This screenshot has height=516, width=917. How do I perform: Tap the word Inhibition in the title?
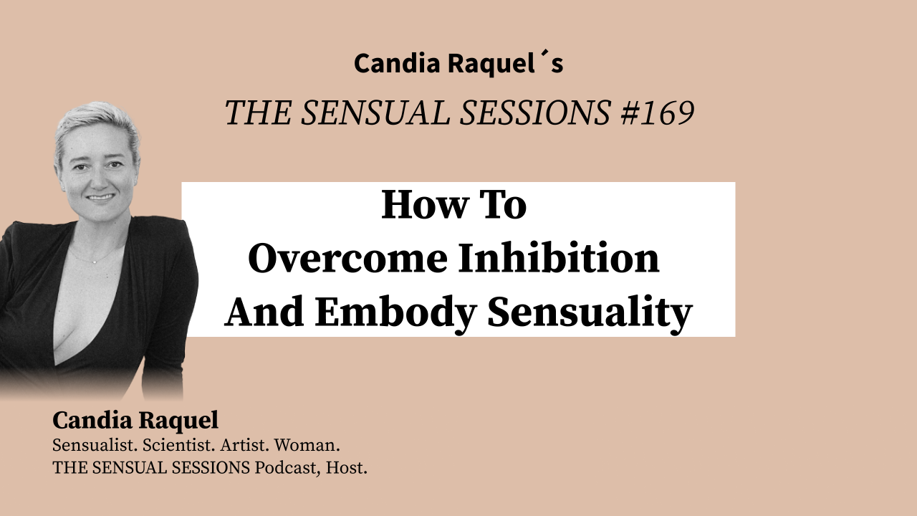(x=559, y=259)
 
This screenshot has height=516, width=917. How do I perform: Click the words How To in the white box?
(x=454, y=205)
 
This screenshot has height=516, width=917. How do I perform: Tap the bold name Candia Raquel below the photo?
(x=135, y=421)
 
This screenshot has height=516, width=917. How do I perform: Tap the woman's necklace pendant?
(x=92, y=260)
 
